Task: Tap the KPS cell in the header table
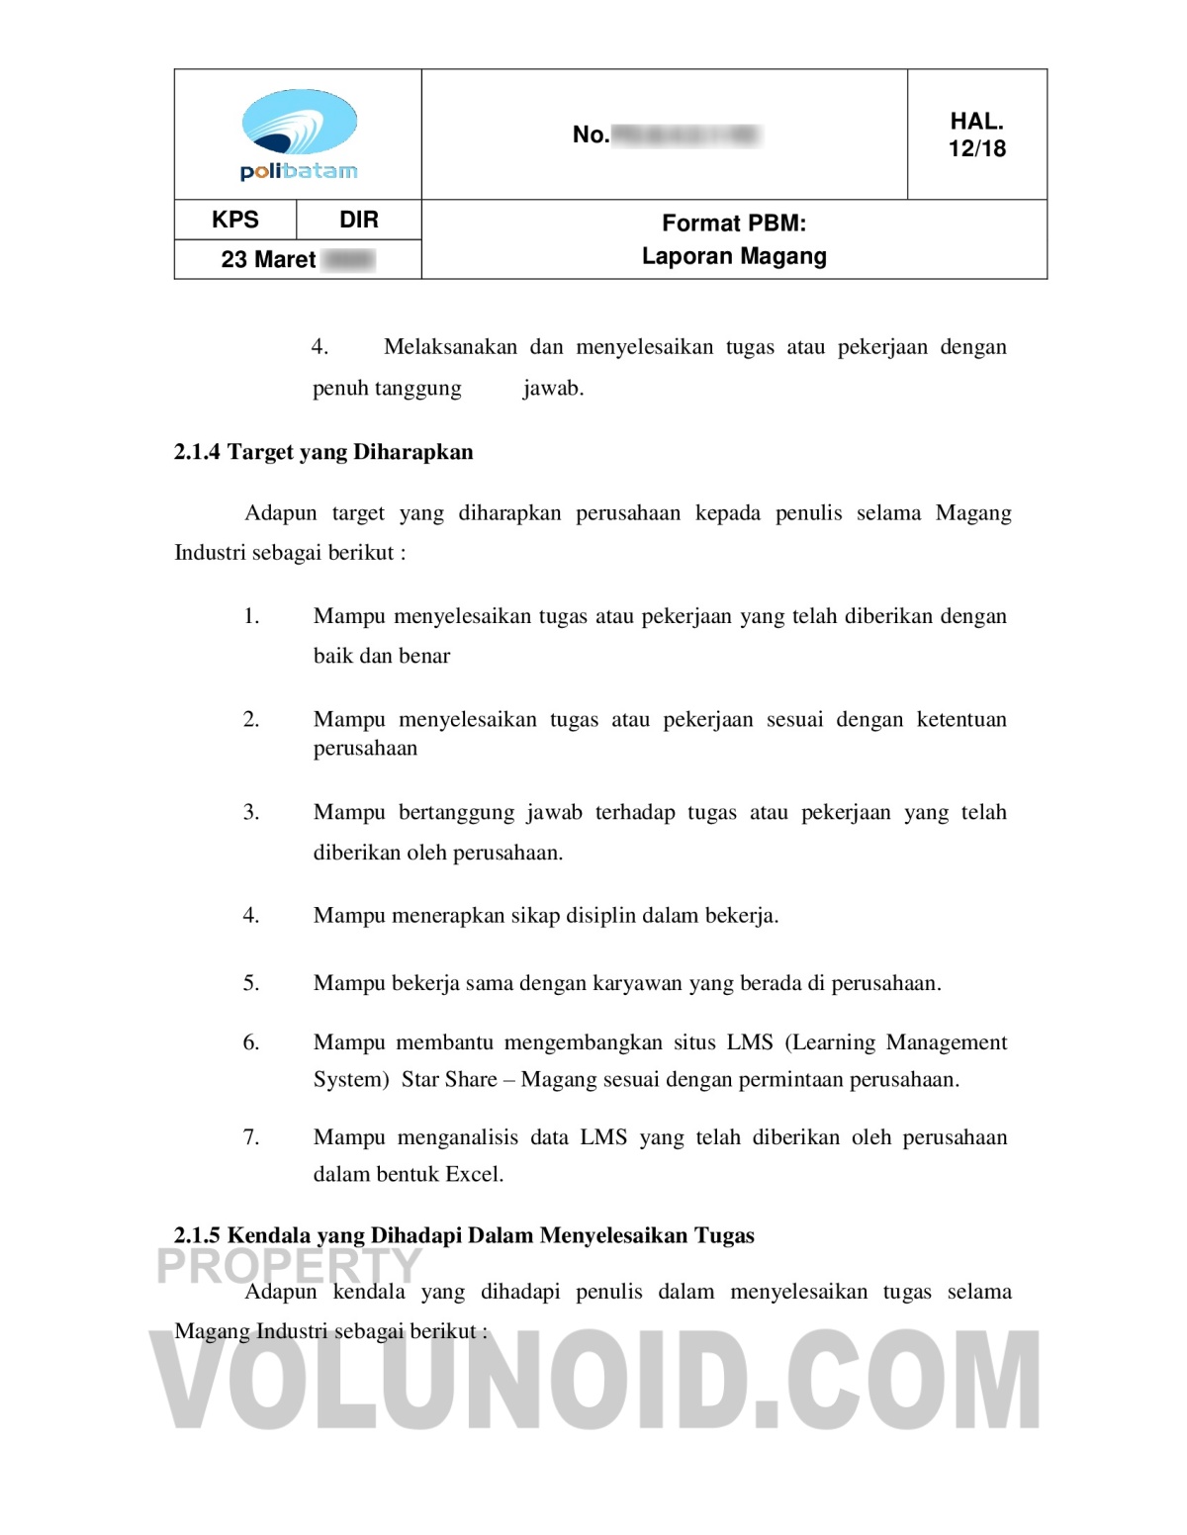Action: [x=235, y=220]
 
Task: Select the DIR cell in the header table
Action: [x=359, y=220]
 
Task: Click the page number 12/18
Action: [x=976, y=148]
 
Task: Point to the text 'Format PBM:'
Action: [x=734, y=224]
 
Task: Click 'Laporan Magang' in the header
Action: [x=734, y=256]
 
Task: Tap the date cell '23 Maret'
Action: [x=268, y=259]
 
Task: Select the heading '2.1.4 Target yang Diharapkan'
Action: [x=323, y=452]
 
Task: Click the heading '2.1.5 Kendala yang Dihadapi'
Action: [x=464, y=1235]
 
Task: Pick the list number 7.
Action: [x=251, y=1137]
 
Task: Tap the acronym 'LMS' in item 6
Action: [x=750, y=1042]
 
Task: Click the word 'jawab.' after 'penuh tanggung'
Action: [x=553, y=388]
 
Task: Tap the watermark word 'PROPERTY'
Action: [x=290, y=1266]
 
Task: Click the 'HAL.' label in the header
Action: [x=976, y=122]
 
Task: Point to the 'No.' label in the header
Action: [x=591, y=135]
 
